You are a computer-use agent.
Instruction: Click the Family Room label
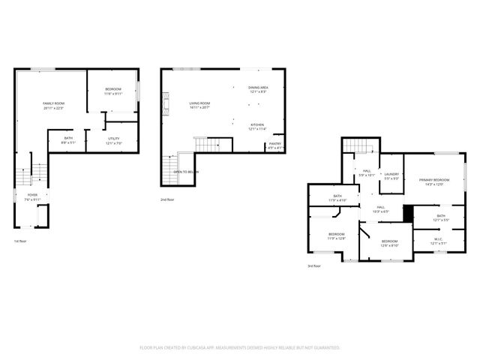tap(52, 105)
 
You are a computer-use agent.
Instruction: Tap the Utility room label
tap(114, 139)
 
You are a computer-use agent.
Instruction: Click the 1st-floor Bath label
tap(68, 139)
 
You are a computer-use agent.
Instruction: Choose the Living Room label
tap(199, 105)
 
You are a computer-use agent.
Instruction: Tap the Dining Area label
tap(258, 89)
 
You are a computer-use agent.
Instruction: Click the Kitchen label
tap(257, 127)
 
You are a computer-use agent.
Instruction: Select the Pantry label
tap(275, 146)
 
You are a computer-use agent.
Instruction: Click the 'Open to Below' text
tap(186, 172)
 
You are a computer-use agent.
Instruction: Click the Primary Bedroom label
tap(434, 181)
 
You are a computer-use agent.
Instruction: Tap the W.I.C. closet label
tap(439, 241)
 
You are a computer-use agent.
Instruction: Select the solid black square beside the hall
tap(408, 213)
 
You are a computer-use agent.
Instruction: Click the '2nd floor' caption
tap(168, 199)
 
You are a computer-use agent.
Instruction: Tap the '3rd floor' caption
tap(314, 265)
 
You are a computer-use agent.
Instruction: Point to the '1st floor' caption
tap(21, 241)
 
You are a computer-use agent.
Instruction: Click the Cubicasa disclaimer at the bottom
tap(240, 347)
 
